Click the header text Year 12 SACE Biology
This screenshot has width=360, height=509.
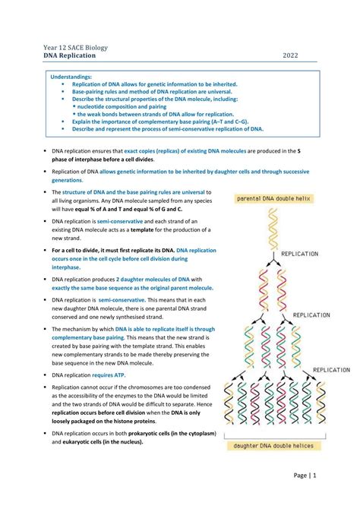(75, 47)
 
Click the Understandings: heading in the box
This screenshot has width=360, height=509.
(71, 77)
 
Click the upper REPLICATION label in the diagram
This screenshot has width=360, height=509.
(300, 254)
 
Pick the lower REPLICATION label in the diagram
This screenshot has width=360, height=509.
(312, 314)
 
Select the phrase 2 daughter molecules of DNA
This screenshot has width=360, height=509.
(150, 280)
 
